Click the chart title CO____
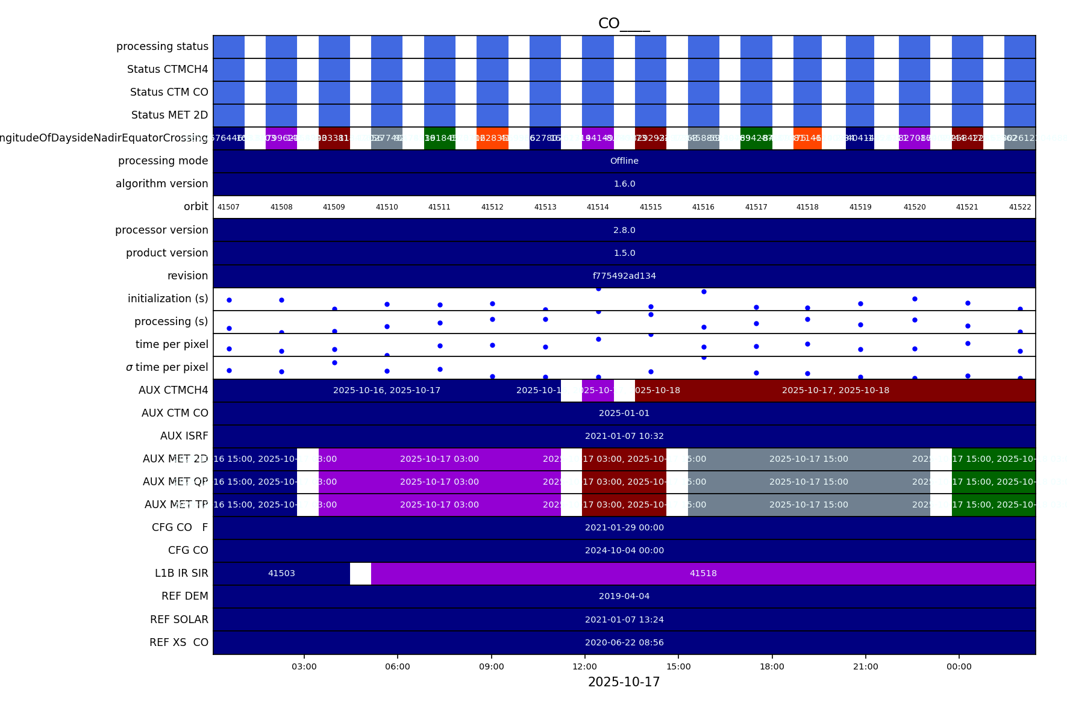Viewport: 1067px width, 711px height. tap(624, 23)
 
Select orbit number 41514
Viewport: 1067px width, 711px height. tap(598, 207)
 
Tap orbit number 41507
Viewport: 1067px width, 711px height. tap(228, 207)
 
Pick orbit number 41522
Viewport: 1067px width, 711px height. tap(1020, 207)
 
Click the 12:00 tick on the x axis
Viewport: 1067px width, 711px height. tap(584, 666)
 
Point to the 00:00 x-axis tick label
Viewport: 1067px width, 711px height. tap(959, 666)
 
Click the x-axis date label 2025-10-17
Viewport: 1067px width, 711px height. tap(624, 682)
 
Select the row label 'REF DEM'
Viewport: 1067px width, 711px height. tap(184, 596)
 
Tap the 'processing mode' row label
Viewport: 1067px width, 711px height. tap(163, 161)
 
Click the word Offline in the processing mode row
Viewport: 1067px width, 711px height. tap(624, 161)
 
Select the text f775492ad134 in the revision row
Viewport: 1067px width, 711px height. tap(624, 276)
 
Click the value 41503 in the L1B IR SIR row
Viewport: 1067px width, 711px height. tap(281, 573)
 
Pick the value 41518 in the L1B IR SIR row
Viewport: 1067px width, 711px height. tap(703, 573)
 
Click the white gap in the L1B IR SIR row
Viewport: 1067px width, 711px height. tap(360, 573)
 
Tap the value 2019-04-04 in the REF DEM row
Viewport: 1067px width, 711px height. tap(624, 596)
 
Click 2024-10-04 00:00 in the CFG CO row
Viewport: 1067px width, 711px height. tap(624, 550)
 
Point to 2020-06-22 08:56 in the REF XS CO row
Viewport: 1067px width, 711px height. tap(624, 642)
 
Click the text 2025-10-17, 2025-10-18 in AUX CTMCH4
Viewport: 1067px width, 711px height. tap(835, 390)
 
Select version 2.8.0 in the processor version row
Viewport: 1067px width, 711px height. tap(624, 230)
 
